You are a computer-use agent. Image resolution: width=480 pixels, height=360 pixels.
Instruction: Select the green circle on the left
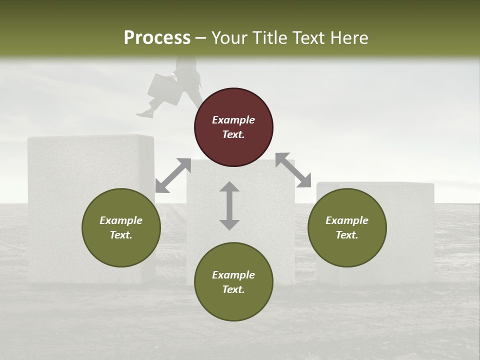[x=121, y=227]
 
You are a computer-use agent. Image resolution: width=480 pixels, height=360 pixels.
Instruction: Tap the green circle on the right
[x=347, y=227]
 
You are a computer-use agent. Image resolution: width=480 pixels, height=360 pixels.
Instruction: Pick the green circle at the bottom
[x=233, y=282]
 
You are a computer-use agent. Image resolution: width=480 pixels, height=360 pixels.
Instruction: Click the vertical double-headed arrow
[x=229, y=205]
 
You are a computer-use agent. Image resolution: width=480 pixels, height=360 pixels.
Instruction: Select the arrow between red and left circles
[x=173, y=175]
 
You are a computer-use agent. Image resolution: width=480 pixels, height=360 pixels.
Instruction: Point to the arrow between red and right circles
[x=293, y=170]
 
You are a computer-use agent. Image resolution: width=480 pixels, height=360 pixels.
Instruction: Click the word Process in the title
[x=157, y=37]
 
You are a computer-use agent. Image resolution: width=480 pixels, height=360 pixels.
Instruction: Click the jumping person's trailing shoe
[x=144, y=114]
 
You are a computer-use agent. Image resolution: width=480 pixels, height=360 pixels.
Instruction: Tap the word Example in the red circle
[x=233, y=120]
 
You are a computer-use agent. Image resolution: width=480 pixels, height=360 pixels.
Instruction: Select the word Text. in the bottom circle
[x=233, y=289]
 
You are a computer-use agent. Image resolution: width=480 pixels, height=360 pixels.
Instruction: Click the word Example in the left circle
[x=121, y=220]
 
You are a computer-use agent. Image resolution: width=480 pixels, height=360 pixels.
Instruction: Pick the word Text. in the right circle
[x=347, y=235]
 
